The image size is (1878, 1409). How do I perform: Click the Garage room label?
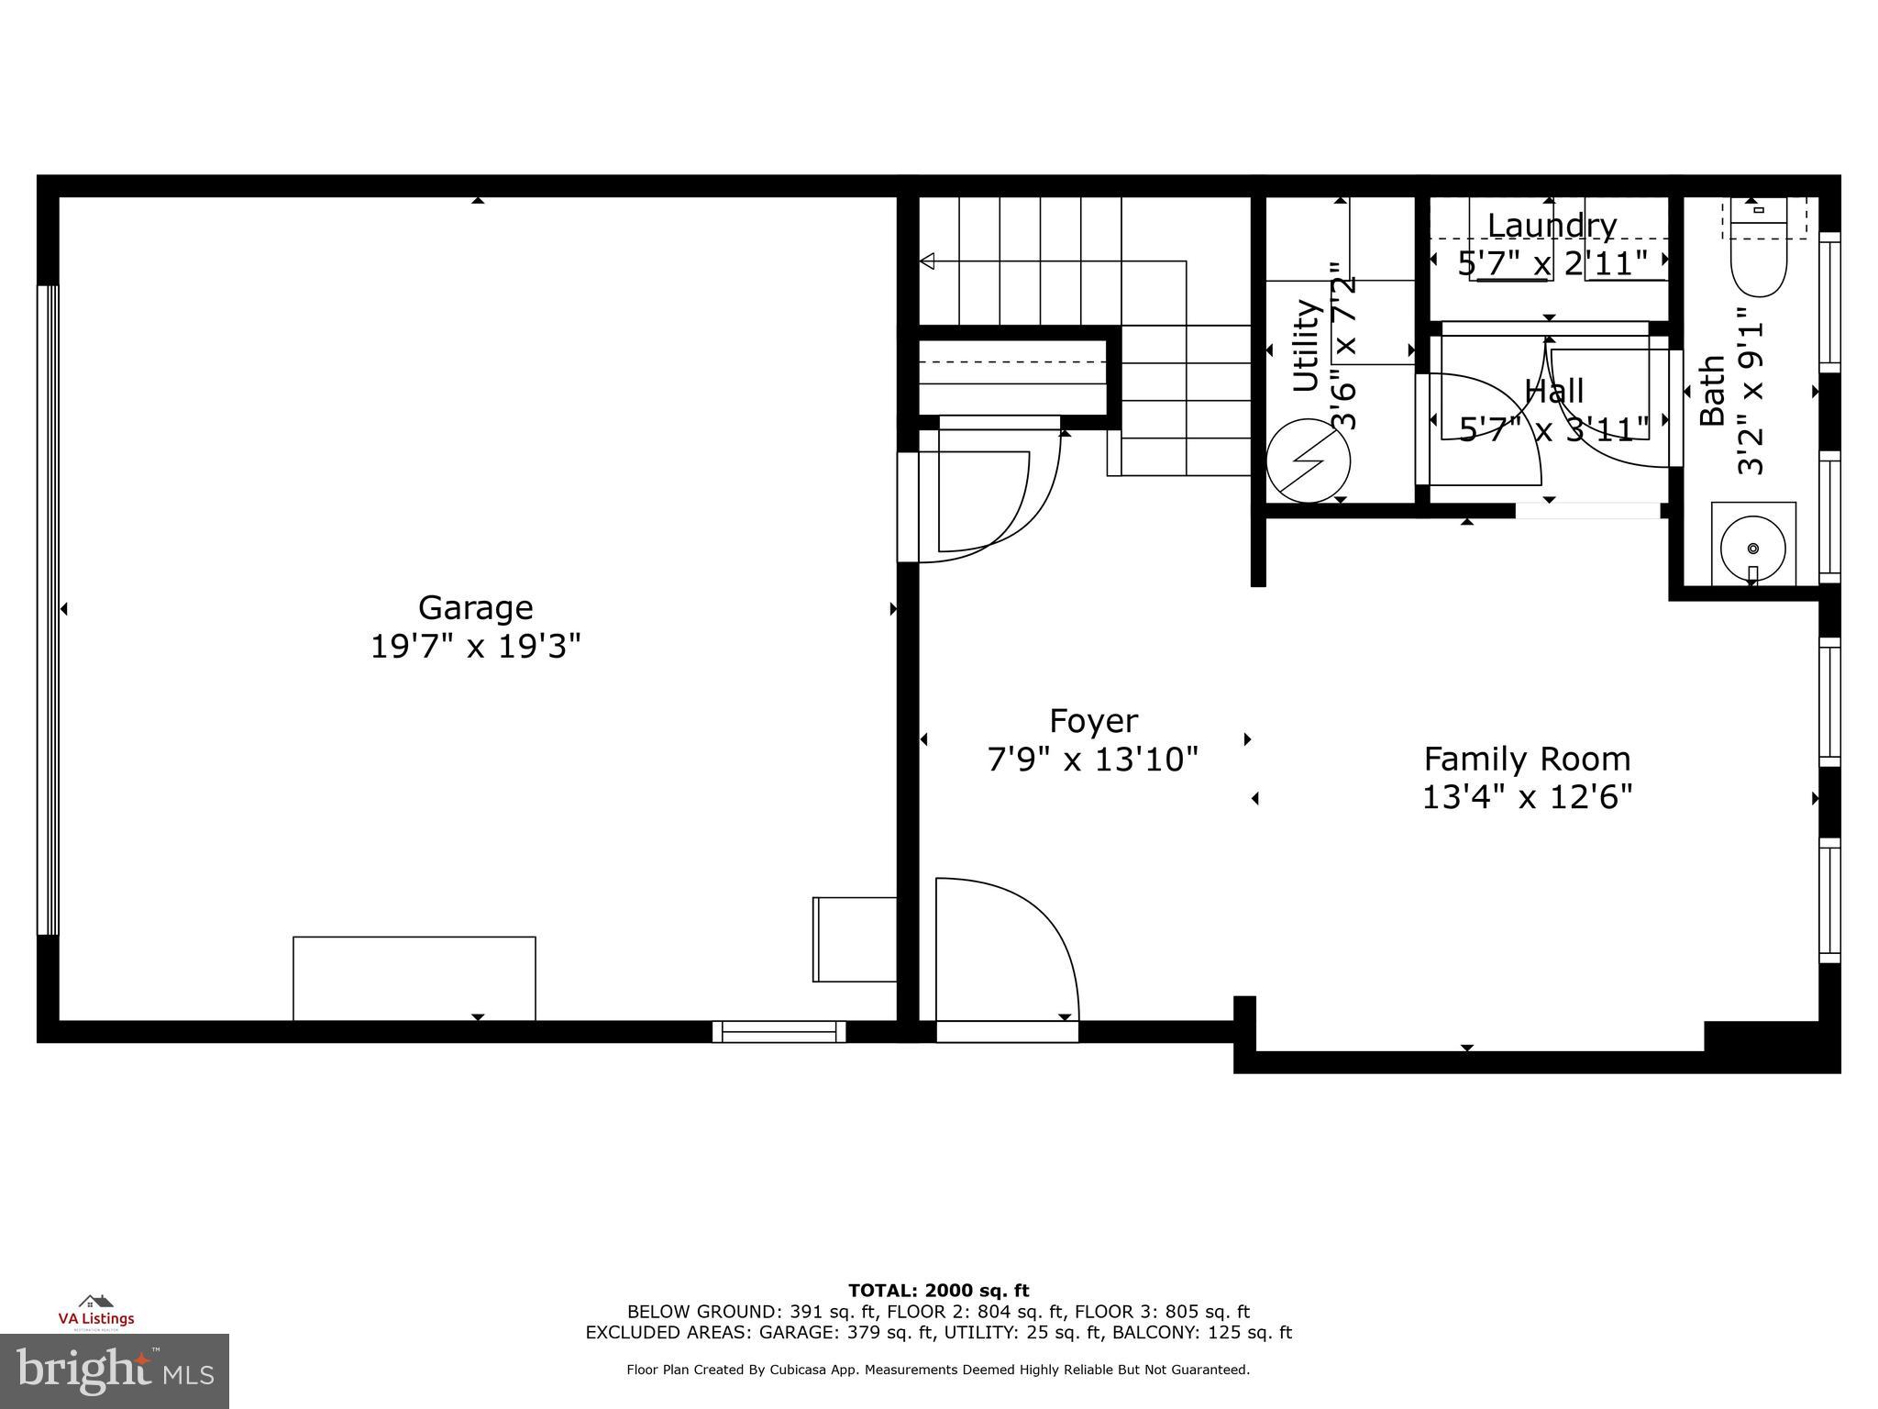[x=475, y=607]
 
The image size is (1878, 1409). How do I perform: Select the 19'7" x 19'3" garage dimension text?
[x=475, y=647]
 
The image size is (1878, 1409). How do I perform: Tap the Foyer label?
[x=1093, y=721]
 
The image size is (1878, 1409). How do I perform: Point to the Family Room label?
[x=1527, y=759]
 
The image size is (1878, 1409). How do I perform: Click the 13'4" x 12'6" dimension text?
[x=1527, y=797]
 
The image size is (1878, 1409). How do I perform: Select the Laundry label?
[x=1552, y=225]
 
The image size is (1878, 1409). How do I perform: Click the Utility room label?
[x=1305, y=346]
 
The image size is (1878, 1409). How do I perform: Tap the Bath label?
[x=1712, y=391]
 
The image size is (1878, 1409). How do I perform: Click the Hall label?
[x=1554, y=392]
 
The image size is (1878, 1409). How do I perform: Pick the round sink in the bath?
[x=1752, y=549]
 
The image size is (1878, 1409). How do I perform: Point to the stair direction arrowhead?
[x=927, y=261]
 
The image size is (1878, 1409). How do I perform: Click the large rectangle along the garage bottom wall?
[x=414, y=978]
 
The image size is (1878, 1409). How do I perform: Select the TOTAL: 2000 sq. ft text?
[x=938, y=1291]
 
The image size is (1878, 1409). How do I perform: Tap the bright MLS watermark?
[x=115, y=1371]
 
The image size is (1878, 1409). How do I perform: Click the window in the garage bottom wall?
[x=779, y=1032]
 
